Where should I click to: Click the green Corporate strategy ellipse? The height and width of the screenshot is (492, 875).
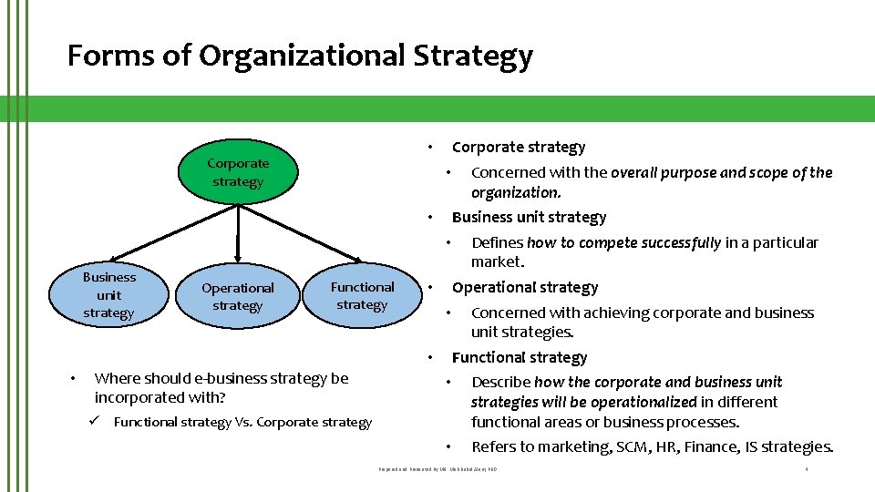[238, 172]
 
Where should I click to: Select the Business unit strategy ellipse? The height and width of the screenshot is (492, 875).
[108, 294]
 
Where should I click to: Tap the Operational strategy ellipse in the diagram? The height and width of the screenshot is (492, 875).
[237, 296]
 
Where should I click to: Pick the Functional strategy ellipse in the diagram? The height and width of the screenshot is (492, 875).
[362, 295]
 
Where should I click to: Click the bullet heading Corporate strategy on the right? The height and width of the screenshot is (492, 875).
[519, 147]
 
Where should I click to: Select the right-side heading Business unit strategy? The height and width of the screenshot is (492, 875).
[529, 217]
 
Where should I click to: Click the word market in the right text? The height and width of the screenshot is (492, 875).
[497, 261]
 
